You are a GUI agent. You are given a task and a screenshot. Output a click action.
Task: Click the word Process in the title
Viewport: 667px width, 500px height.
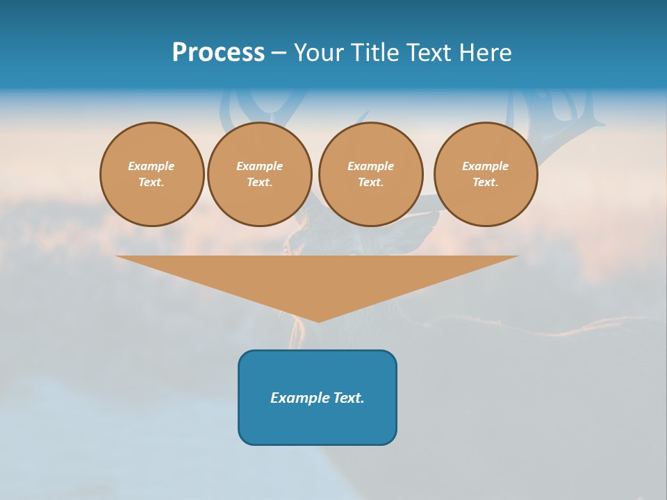[218, 53]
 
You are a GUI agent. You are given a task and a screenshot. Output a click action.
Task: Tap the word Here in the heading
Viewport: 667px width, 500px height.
[485, 53]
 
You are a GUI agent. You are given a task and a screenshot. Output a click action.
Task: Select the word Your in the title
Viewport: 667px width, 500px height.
[319, 53]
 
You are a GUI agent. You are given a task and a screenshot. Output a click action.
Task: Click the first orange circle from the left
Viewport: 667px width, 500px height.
[151, 174]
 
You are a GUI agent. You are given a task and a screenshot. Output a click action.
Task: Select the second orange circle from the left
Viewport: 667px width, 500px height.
[259, 174]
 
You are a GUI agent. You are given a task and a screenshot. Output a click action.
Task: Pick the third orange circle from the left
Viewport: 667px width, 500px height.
[370, 174]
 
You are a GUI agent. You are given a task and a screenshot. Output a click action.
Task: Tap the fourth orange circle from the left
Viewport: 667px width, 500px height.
[486, 174]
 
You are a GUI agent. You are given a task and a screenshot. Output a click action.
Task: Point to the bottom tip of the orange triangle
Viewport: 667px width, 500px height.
[318, 321]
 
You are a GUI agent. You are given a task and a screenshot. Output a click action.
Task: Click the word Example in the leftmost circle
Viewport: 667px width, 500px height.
[151, 166]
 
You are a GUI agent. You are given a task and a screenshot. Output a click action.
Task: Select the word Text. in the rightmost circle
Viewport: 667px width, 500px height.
[486, 183]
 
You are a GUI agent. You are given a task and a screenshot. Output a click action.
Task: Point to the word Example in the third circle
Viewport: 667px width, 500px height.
[370, 166]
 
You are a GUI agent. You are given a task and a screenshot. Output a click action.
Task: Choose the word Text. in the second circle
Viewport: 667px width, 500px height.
[259, 183]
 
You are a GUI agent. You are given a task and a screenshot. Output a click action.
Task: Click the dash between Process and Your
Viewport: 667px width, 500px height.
[279, 53]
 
